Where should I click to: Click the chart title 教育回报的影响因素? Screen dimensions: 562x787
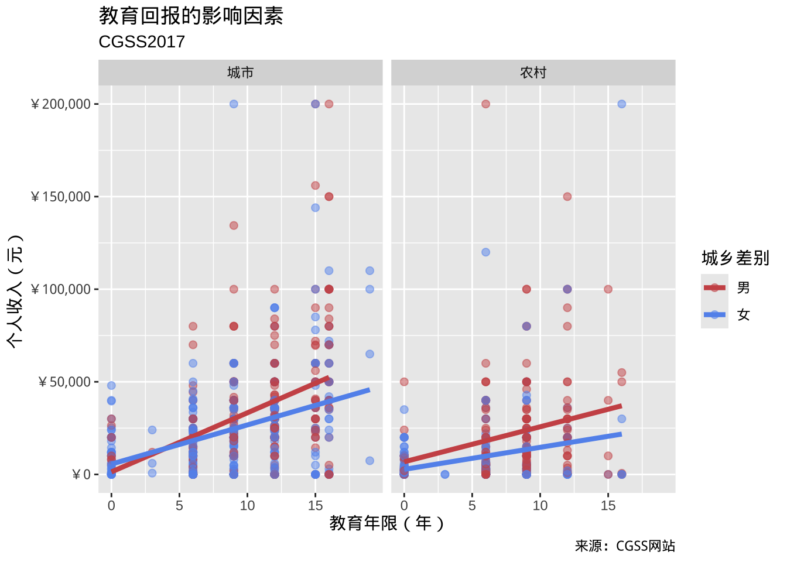pyautogui.click(x=191, y=16)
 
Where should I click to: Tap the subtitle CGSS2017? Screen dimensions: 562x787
pyautogui.click(x=142, y=42)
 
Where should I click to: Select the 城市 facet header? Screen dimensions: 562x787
pyautogui.click(x=240, y=73)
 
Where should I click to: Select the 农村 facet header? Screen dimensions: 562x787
pyautogui.click(x=533, y=73)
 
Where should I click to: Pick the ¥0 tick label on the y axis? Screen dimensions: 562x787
pyautogui.click(x=81, y=475)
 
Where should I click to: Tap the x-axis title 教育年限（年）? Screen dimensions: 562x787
pyautogui.click(x=386, y=523)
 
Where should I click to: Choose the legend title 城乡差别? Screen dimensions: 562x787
pyautogui.click(x=735, y=258)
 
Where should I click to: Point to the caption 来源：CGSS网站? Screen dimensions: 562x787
pyautogui.click(x=625, y=546)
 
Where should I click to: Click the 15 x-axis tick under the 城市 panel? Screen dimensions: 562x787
pyautogui.click(x=315, y=505)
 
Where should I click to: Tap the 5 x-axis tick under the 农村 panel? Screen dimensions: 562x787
pyautogui.click(x=472, y=505)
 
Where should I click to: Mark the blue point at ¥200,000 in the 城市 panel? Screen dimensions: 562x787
pyautogui.click(x=234, y=104)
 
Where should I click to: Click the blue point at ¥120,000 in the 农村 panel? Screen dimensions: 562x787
pyautogui.click(x=485, y=252)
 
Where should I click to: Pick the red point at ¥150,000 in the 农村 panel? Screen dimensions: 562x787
pyautogui.click(x=567, y=197)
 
